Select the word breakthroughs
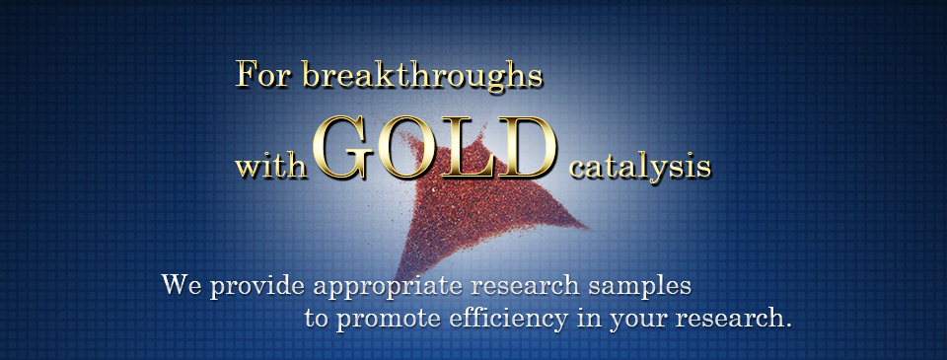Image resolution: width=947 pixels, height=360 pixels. coord(421,76)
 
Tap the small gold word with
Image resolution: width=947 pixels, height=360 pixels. coord(270,165)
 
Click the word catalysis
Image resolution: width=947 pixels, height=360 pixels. coord(639,166)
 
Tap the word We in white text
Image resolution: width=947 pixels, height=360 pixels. coord(182,284)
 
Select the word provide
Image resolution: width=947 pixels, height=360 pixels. coord(257,284)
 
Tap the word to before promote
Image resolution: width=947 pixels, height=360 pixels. coord(317,318)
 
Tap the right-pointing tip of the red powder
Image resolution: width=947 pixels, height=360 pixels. coord(588,227)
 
